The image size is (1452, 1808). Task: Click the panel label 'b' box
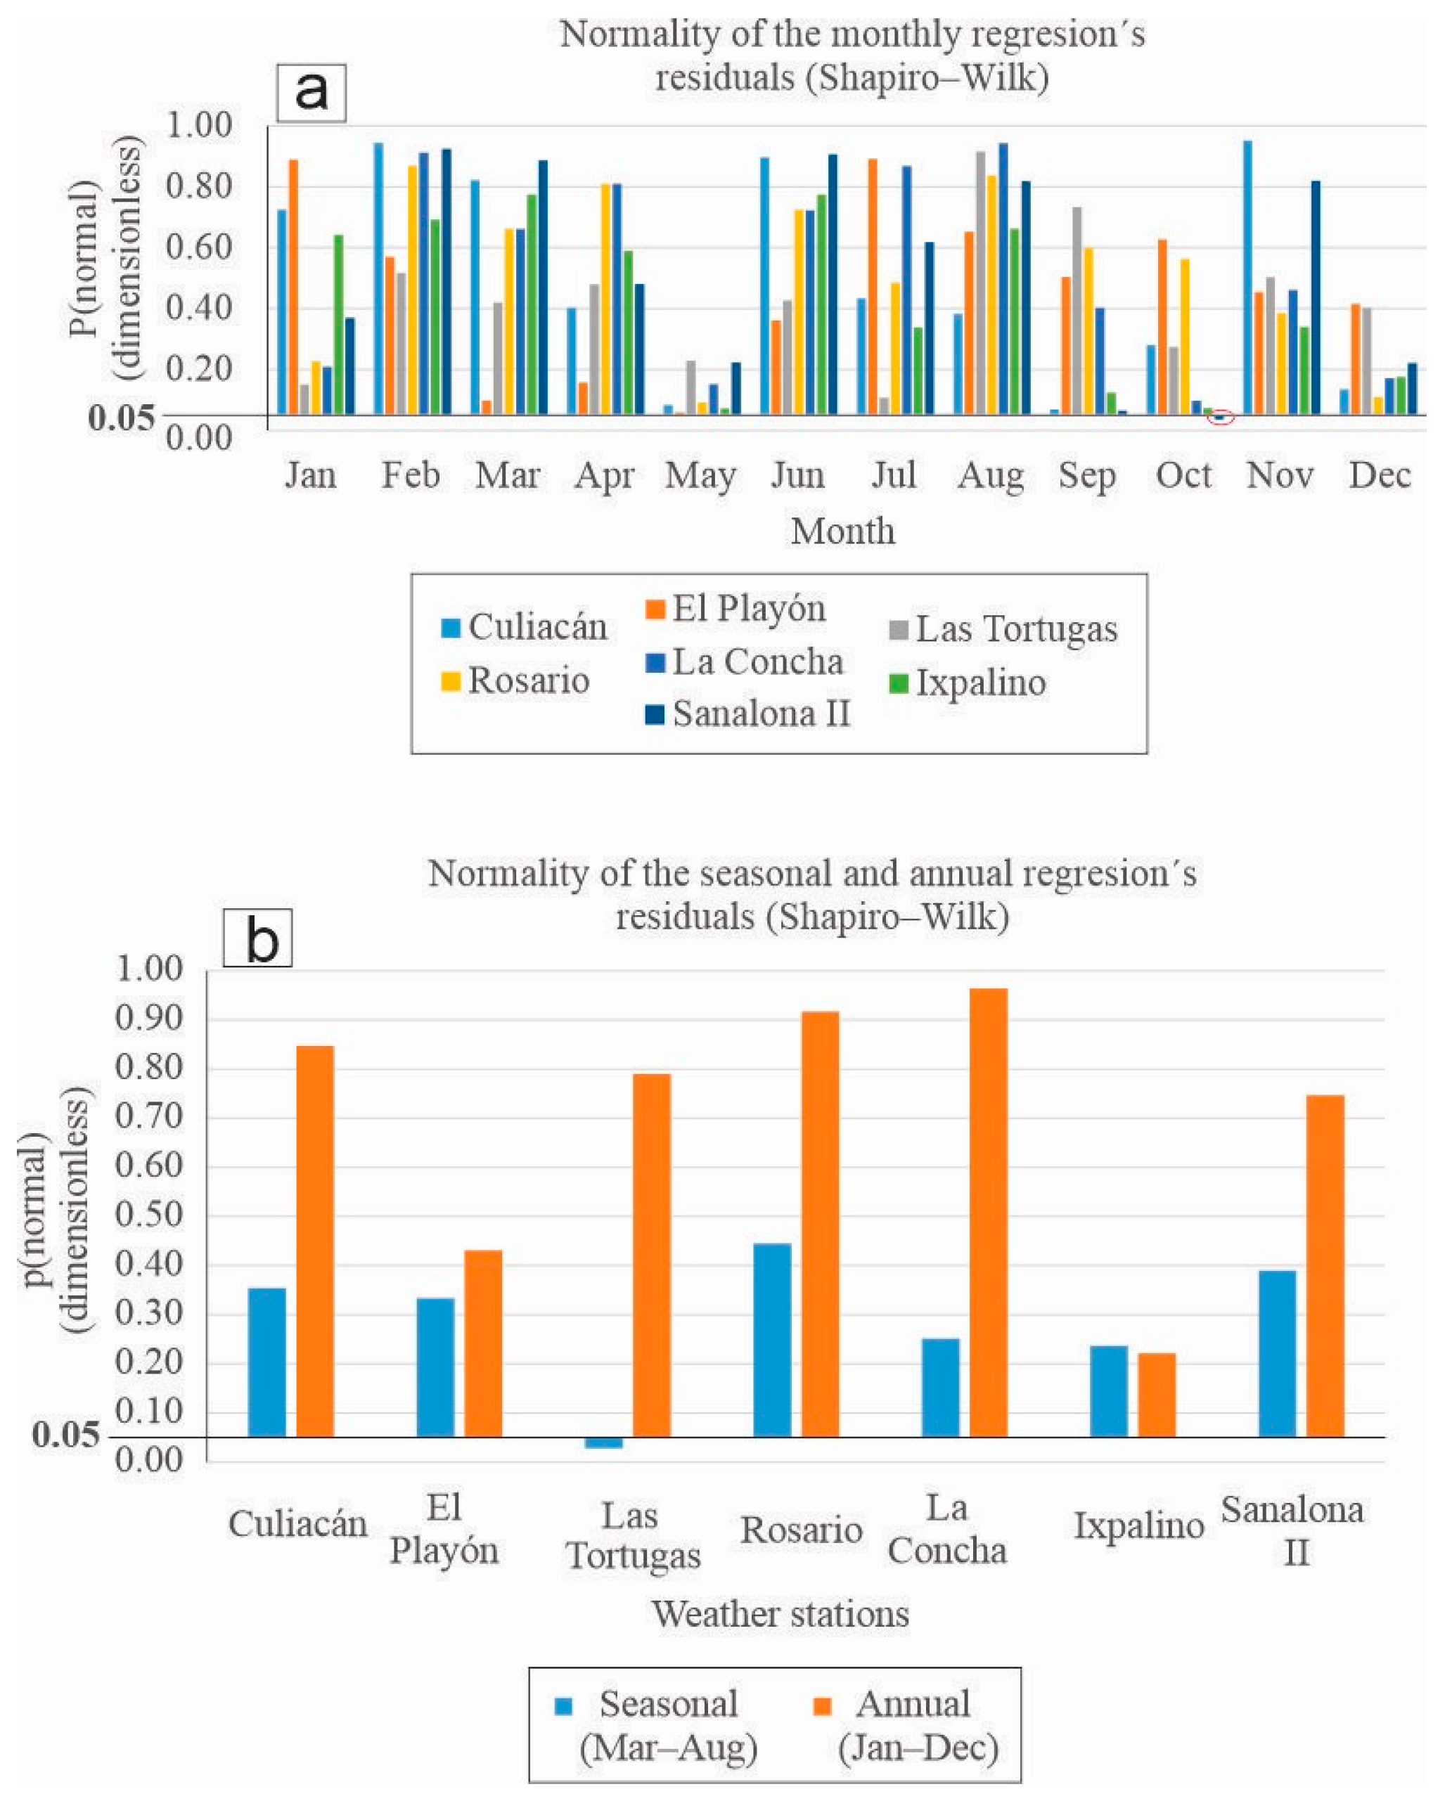click(x=257, y=938)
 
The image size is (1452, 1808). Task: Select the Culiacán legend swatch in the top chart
click(x=451, y=627)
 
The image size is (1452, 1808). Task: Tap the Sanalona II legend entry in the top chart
click(x=760, y=713)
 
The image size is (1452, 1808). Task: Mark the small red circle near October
click(x=1221, y=418)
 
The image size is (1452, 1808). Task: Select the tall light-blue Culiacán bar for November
click(x=1247, y=277)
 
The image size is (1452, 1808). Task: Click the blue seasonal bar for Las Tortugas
click(x=604, y=1442)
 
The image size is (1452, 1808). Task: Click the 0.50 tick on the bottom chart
click(x=148, y=1215)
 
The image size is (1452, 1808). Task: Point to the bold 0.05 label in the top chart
click(x=122, y=417)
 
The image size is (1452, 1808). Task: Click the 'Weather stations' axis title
click(x=781, y=1614)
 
